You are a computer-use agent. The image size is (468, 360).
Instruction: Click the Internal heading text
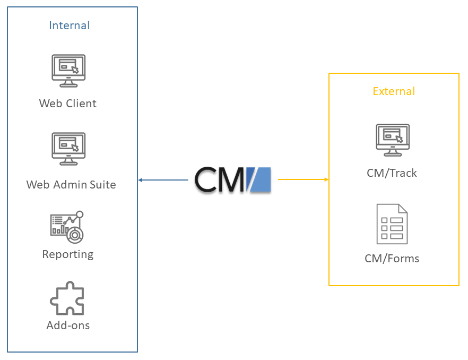69,25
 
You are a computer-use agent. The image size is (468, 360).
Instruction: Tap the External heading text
394,91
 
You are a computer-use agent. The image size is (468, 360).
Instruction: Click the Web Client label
68,104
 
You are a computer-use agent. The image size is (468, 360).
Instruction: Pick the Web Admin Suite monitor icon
68,149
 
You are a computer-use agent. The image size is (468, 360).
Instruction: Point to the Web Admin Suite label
71,185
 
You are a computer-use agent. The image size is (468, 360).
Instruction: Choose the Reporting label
68,254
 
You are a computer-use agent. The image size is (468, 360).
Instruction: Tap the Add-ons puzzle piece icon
67,299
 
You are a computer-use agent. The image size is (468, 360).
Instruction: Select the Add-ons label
68,325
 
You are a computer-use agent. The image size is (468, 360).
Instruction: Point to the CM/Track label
392,173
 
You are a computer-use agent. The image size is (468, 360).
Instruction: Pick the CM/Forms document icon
392,224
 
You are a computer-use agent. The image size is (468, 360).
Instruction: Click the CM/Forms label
392,259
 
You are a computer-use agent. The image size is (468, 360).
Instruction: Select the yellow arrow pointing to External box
303,179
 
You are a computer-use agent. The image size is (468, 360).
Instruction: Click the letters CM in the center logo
219,179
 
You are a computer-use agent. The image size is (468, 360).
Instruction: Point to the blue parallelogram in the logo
258,179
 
